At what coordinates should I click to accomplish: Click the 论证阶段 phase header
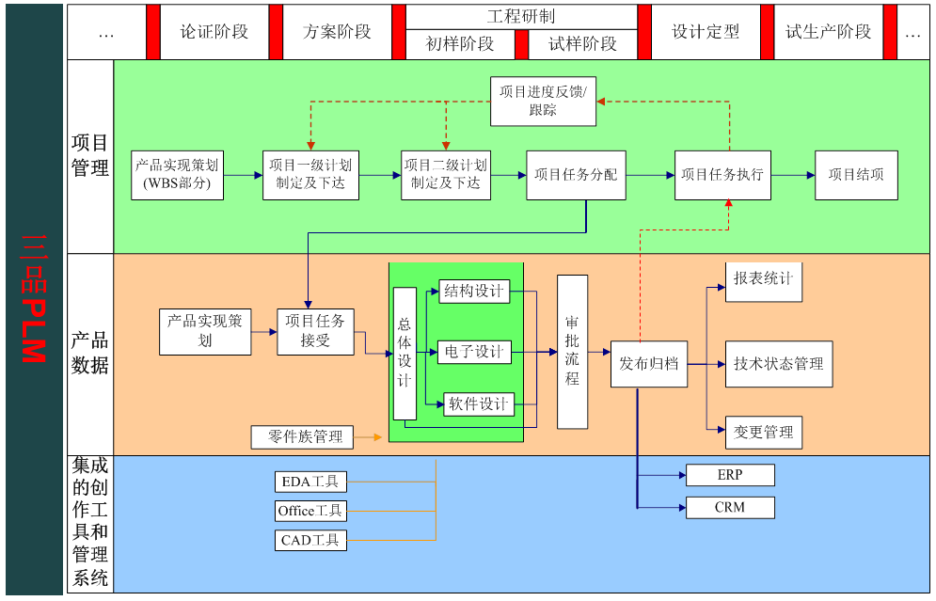214,32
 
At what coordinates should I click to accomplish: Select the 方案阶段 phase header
337,32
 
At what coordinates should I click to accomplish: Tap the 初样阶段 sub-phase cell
460,44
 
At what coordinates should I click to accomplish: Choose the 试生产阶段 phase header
828,32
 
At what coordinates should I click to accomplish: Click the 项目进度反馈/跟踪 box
543,101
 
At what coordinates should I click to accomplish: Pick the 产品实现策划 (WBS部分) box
177,174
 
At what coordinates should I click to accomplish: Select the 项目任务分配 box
576,174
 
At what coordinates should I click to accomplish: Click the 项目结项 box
856,174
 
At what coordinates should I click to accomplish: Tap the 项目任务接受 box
315,331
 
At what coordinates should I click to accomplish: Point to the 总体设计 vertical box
405,353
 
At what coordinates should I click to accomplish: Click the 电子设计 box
475,353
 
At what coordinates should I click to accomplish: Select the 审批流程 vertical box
572,351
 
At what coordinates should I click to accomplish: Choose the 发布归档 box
648,363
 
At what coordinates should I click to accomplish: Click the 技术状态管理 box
778,364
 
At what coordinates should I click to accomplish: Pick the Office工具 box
310,511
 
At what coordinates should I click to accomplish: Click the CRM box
730,508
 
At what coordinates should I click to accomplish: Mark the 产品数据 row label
90,353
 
